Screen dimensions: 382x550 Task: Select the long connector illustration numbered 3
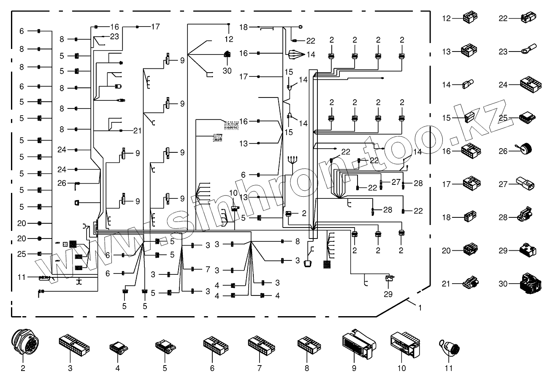tap(74, 344)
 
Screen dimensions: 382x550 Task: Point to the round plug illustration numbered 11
tap(450, 348)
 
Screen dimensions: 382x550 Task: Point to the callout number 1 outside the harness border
tap(420, 308)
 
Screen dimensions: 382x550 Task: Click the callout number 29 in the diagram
tap(388, 294)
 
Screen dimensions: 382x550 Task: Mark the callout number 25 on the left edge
tap(22, 254)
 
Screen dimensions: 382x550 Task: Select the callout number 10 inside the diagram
tap(233, 193)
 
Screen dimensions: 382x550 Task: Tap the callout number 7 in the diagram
tap(207, 269)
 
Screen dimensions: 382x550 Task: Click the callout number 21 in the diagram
tap(137, 131)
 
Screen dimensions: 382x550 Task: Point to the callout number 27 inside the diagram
tap(396, 182)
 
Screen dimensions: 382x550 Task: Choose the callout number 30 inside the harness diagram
tap(227, 71)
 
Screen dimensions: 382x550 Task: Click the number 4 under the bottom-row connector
tap(118, 368)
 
